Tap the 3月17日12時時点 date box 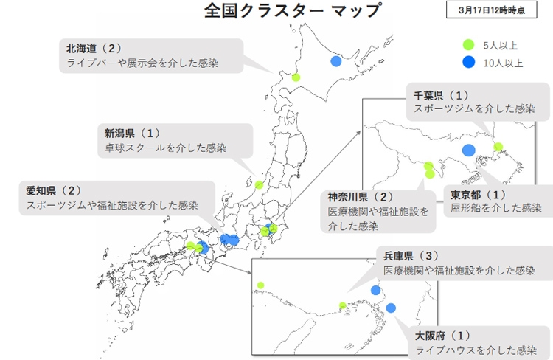point(491,11)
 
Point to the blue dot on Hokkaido point(336,61)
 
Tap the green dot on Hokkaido point(296,77)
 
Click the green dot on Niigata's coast point(259,185)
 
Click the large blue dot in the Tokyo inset point(468,150)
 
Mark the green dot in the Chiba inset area point(498,147)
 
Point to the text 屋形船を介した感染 point(495,209)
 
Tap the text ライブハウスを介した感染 point(476,349)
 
